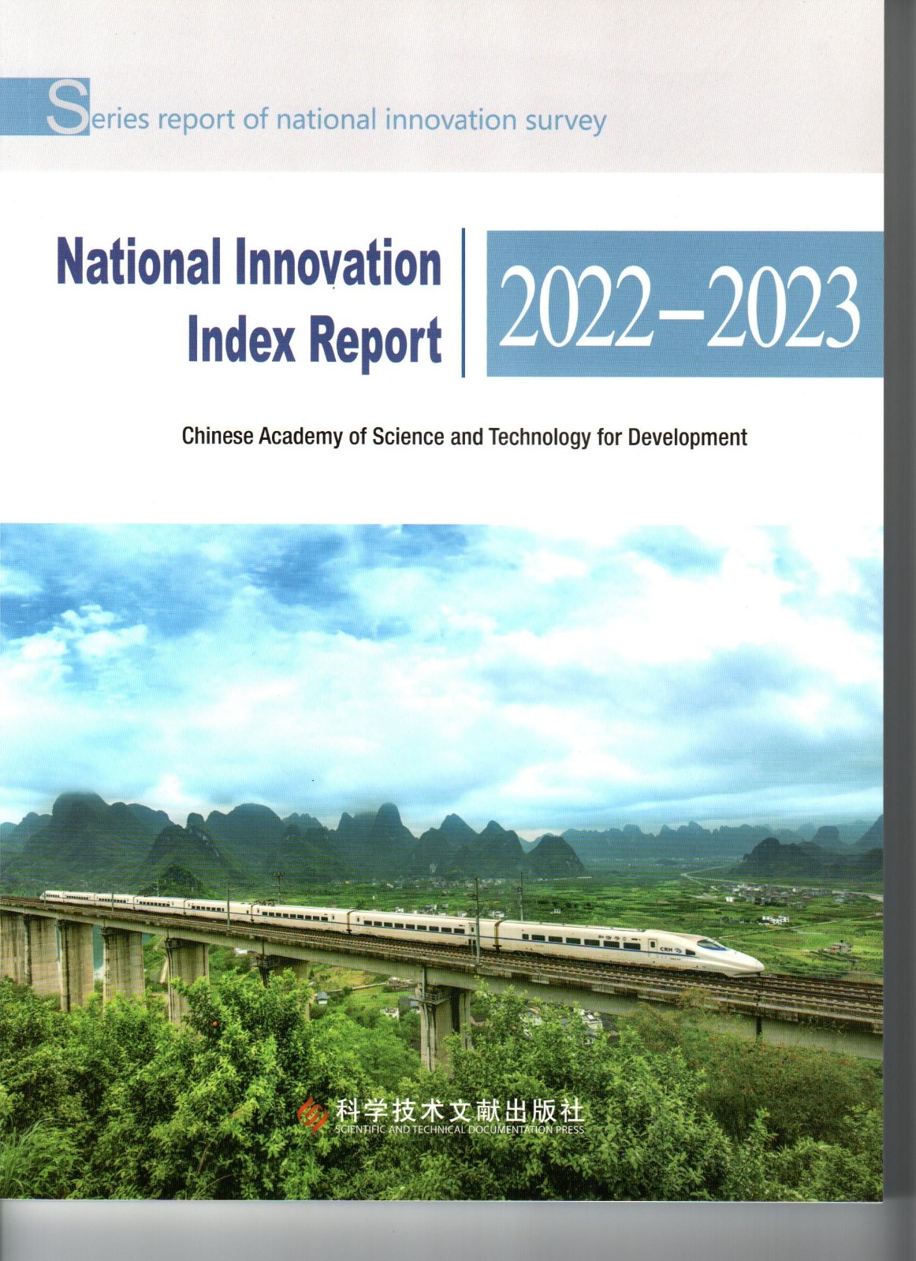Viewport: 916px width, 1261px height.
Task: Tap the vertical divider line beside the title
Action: [463, 302]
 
